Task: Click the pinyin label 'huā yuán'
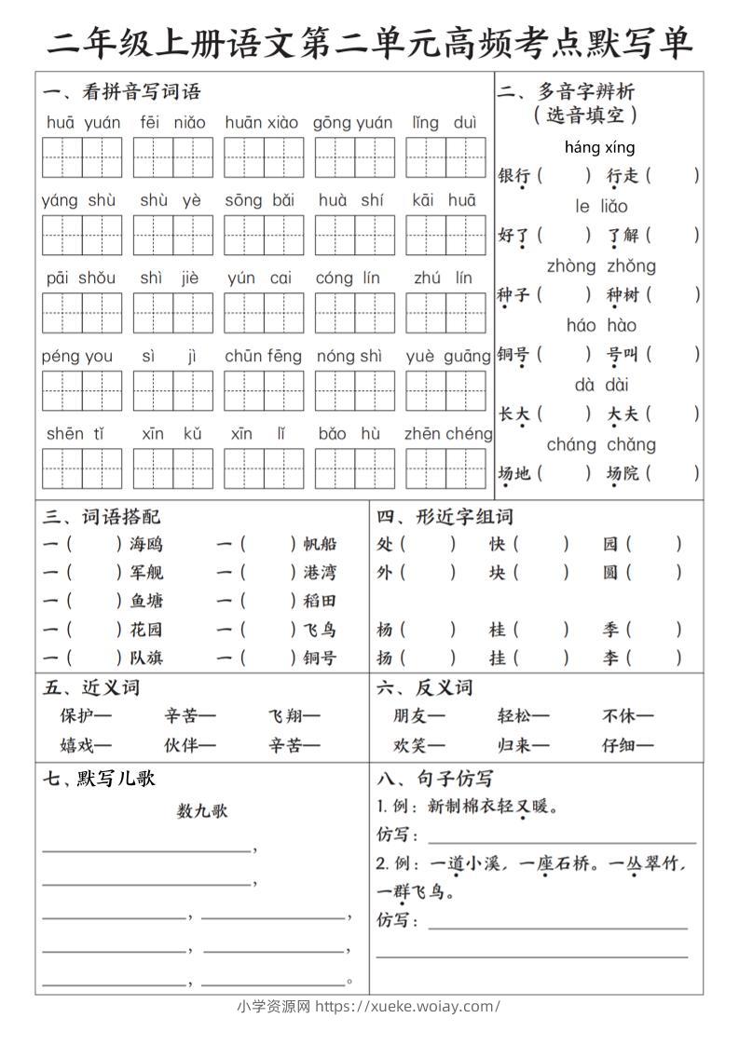pyautogui.click(x=83, y=123)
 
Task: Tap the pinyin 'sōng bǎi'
pyautogui.click(x=259, y=200)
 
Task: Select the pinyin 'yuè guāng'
pyautogui.click(x=447, y=356)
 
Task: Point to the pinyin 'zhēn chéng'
pyautogui.click(x=448, y=434)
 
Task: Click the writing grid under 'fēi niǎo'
pyautogui.click(x=172, y=156)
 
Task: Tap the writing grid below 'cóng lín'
pyautogui.click(x=354, y=312)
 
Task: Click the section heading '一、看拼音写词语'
pyautogui.click(x=121, y=92)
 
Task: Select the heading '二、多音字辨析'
pyautogui.click(x=566, y=92)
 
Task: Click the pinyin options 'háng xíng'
pyautogui.click(x=599, y=147)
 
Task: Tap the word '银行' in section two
pyautogui.click(x=513, y=176)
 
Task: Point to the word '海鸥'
pyautogui.click(x=146, y=545)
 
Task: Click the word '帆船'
pyautogui.click(x=320, y=545)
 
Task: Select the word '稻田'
pyautogui.click(x=320, y=601)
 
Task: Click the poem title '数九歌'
pyautogui.click(x=202, y=811)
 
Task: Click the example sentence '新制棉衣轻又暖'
pyautogui.click(x=490, y=807)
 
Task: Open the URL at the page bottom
pyautogui.click(x=407, y=1006)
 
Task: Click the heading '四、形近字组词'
pyautogui.click(x=445, y=517)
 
